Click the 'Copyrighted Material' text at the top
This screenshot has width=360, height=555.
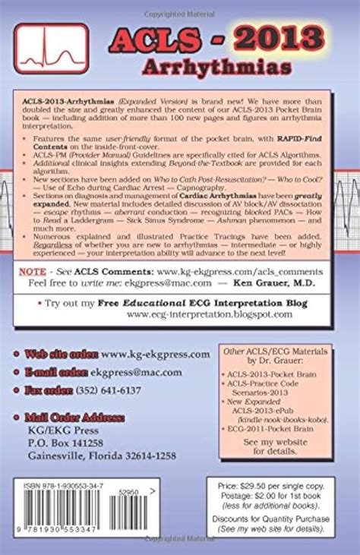tap(179, 6)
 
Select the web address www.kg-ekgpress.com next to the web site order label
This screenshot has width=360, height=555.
tap(156, 354)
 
